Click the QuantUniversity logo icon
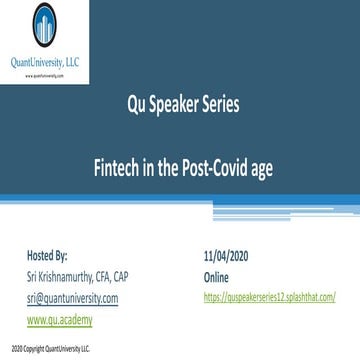(x=45, y=27)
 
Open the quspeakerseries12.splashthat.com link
(x=267, y=285)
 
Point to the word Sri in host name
(x=32, y=270)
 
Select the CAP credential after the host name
(x=150, y=270)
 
